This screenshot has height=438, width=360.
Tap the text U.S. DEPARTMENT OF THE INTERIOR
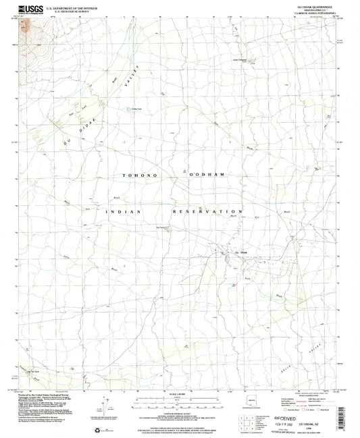tap(81, 6)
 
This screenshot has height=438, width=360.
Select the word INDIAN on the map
tap(122, 212)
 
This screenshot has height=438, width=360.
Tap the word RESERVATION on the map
tap(203, 212)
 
